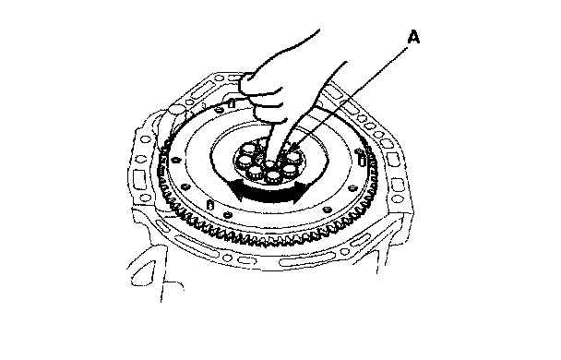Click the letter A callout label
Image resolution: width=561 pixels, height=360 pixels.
[413, 38]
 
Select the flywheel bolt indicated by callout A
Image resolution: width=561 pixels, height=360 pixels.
[293, 156]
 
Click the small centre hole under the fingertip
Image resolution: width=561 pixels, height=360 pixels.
[269, 164]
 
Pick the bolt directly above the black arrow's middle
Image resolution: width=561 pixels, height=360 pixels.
[273, 175]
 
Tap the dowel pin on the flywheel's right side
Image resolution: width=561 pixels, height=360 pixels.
[362, 159]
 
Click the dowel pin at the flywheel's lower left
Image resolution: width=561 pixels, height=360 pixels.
[210, 205]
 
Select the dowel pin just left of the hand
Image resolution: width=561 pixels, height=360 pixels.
[232, 103]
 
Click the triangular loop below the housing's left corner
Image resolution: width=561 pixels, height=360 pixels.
[142, 274]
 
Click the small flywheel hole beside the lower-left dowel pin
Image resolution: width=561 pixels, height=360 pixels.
[227, 215]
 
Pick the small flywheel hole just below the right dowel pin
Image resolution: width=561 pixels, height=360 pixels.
[352, 187]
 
